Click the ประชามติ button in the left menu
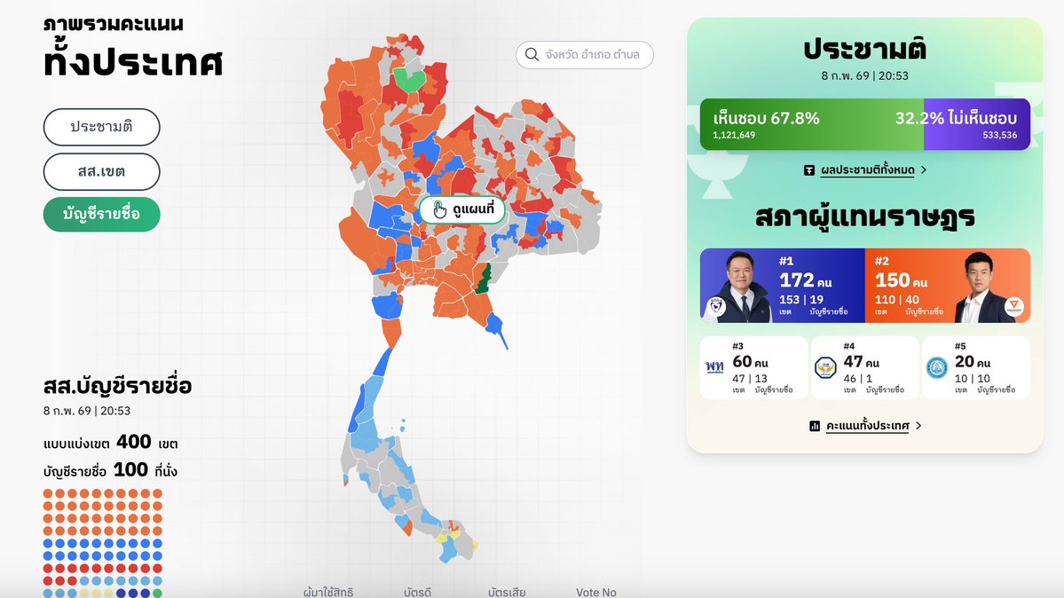pos(101,127)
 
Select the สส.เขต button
pos(101,172)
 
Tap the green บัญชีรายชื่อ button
pos(101,214)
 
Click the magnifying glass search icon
pos(532,55)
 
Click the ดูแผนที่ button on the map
pos(461,210)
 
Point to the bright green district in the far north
pos(409,80)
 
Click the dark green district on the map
pos(482,279)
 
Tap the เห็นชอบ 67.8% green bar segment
pos(811,124)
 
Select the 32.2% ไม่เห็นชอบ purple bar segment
pos(977,124)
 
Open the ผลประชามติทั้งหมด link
pos(865,169)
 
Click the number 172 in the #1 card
pos(797,280)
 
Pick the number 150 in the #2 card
pos(892,280)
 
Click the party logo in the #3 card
pos(714,366)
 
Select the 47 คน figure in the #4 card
pos(860,362)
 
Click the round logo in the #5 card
pos(936,367)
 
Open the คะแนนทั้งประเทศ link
pos(865,426)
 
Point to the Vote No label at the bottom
pos(595,592)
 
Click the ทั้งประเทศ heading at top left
pos(133,62)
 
